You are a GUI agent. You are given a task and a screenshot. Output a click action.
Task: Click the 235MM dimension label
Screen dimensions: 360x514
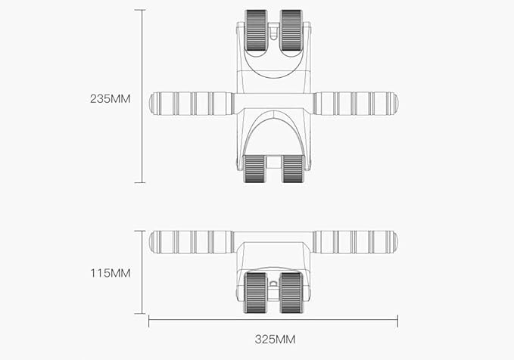click(110, 98)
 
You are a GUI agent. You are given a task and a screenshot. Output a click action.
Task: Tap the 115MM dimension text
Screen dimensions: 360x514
click(110, 272)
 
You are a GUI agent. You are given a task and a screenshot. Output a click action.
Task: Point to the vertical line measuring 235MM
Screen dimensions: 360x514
click(139, 96)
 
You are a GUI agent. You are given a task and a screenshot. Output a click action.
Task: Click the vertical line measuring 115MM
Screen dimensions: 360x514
click(139, 272)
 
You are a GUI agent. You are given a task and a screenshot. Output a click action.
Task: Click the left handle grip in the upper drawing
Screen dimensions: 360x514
click(192, 104)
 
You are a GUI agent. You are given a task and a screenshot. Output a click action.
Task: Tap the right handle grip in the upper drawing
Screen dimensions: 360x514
click(355, 104)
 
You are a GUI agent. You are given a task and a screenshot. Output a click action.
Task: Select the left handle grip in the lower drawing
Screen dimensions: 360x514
click(192, 242)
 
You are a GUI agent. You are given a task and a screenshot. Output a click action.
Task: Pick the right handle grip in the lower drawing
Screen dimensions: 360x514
click(355, 242)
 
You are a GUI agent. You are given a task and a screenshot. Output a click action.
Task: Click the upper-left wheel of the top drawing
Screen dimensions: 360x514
click(256, 32)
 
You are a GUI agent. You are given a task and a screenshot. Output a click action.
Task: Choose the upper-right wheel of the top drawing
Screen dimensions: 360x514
click(291, 32)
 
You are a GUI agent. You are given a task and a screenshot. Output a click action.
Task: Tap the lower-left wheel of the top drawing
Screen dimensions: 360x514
click(255, 169)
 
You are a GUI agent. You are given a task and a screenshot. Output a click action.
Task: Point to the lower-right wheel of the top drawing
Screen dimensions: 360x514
click(291, 169)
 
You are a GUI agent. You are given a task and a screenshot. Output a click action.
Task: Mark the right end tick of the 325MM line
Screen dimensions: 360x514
click(397, 321)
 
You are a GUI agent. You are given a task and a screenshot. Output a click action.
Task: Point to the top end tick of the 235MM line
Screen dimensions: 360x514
click(139, 10)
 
